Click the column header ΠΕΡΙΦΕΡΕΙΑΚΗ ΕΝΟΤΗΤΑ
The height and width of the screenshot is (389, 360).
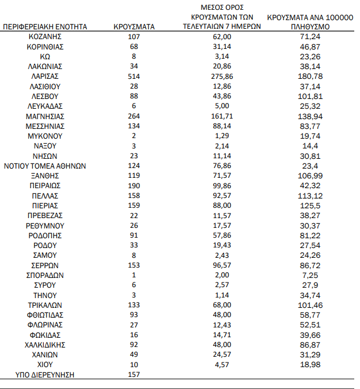click(45, 26)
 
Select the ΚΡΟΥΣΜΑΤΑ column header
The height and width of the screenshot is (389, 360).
click(134, 26)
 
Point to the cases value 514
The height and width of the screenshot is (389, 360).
click(134, 76)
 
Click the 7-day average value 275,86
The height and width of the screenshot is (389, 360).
click(222, 76)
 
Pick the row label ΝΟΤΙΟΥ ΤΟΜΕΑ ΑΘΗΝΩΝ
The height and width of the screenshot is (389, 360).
click(45, 166)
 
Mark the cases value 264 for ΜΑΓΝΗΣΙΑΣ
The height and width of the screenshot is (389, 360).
click(134, 116)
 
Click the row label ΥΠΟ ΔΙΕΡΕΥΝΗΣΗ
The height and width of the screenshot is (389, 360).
click(45, 375)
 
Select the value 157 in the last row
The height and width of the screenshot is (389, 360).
click(134, 375)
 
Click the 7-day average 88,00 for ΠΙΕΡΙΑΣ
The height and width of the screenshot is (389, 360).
click(222, 205)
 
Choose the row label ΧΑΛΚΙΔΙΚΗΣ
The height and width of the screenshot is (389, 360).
click(45, 345)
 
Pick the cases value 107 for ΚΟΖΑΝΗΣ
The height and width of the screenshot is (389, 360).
click(134, 36)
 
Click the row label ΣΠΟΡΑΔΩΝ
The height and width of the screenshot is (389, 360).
click(45, 275)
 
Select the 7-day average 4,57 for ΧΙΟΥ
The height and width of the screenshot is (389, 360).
click(222, 365)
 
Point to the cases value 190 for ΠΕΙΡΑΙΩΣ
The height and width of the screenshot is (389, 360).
click(134, 186)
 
